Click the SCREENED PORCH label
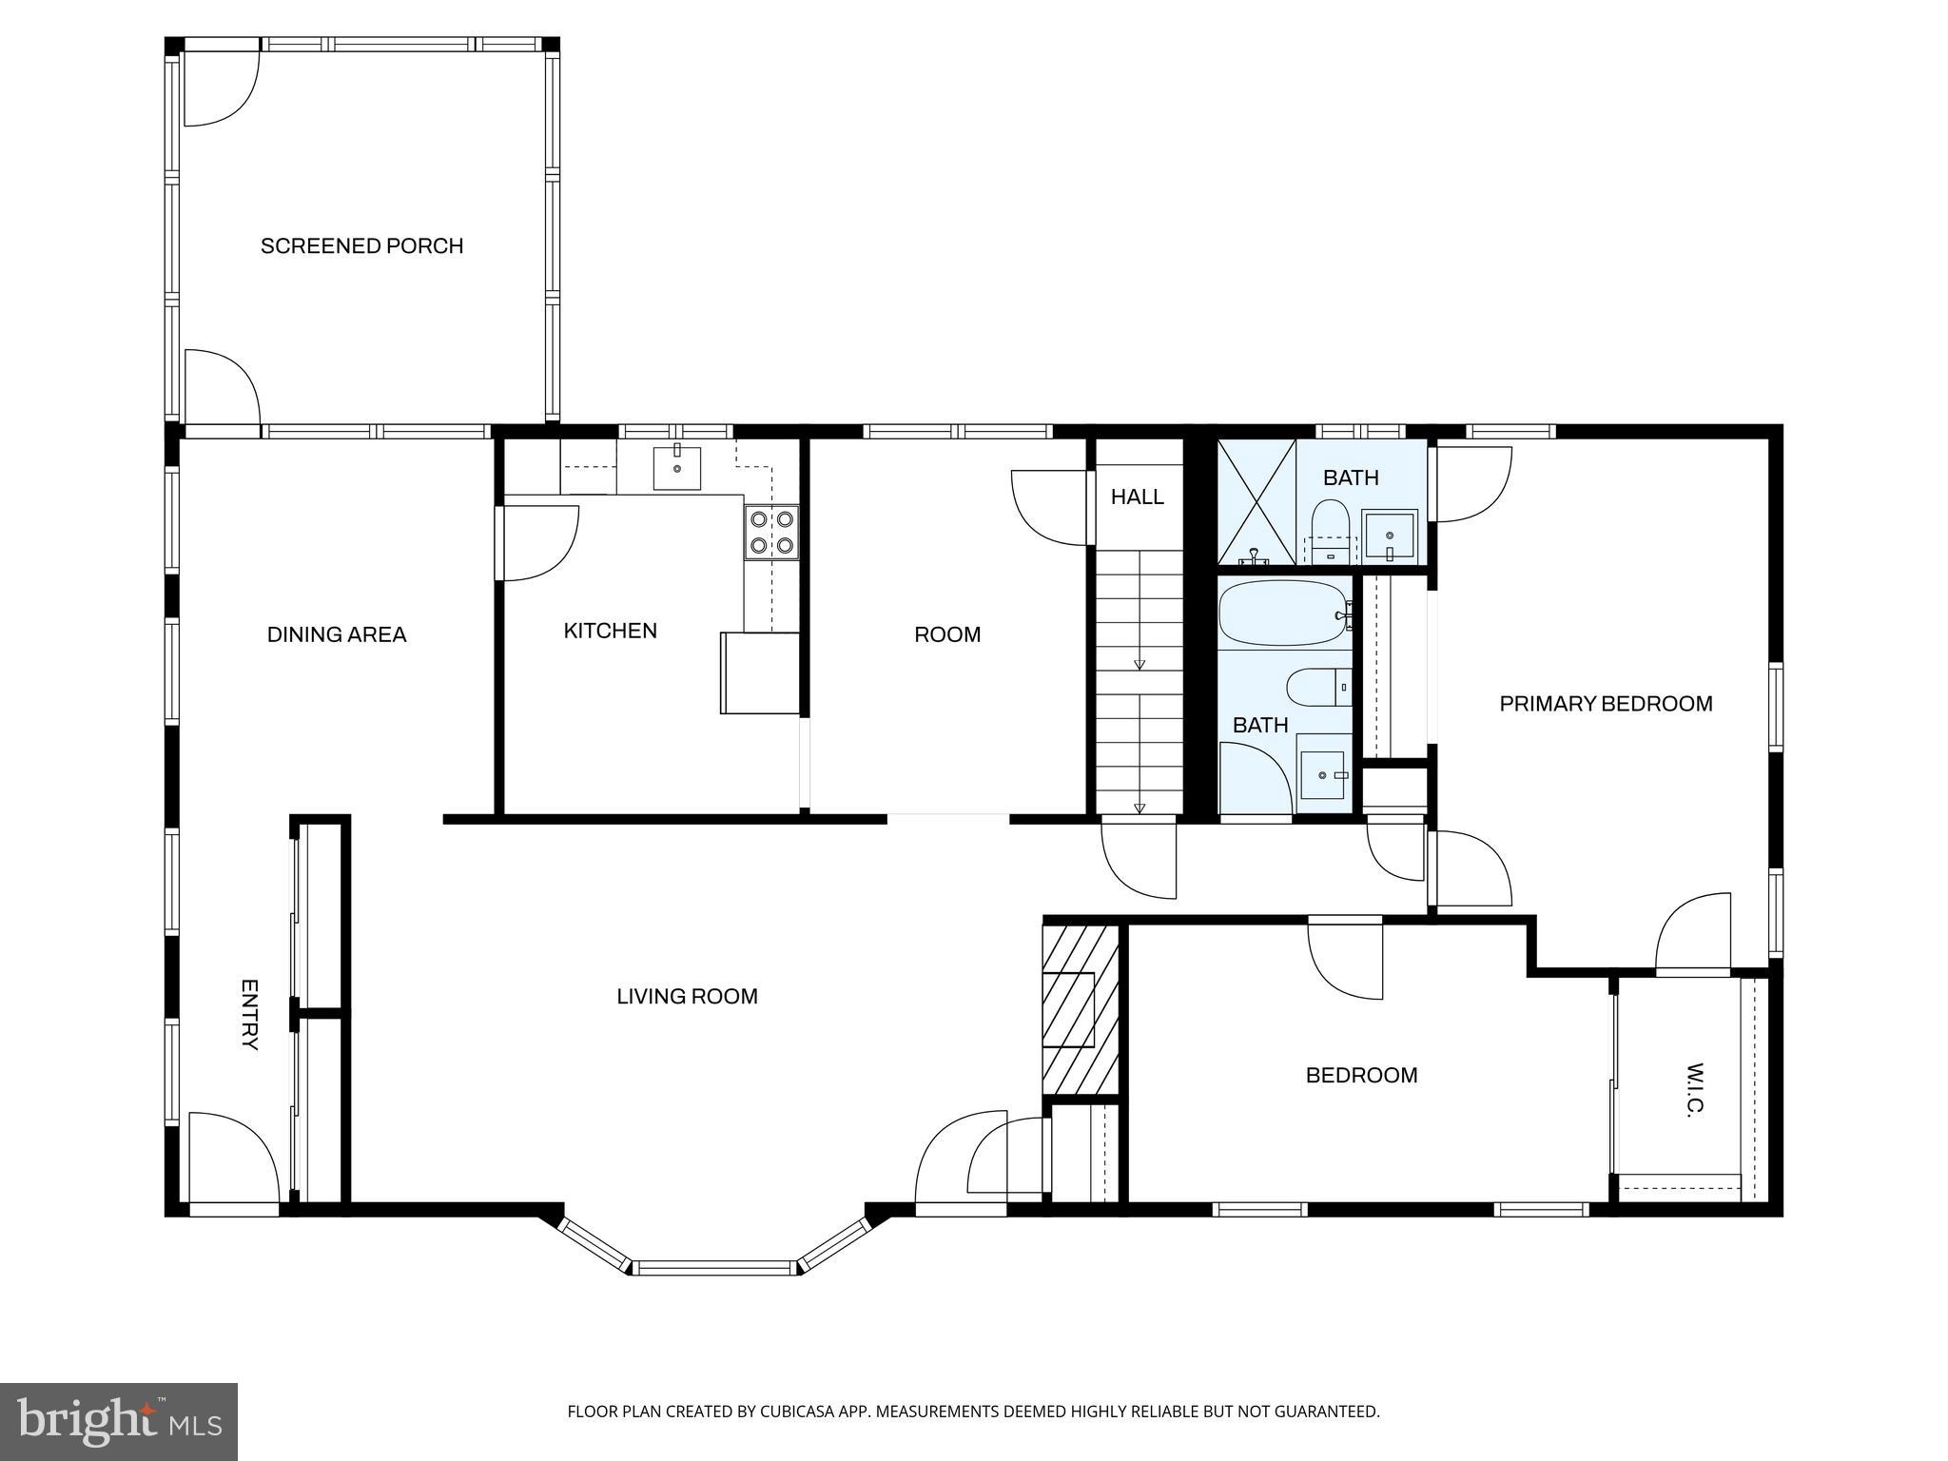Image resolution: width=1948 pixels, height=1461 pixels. click(x=361, y=246)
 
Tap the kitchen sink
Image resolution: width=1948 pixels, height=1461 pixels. click(x=676, y=467)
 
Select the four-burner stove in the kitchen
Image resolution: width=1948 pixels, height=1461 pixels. click(x=770, y=533)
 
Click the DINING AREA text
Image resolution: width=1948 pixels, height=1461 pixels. click(x=337, y=634)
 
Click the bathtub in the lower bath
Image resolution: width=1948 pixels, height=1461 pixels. click(x=1284, y=614)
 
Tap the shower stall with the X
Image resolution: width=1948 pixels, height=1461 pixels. click(x=1256, y=501)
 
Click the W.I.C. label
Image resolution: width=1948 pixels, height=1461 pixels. click(x=1695, y=1089)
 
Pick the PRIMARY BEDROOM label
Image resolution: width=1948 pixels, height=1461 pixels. click(x=1606, y=704)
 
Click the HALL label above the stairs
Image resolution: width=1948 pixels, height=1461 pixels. click(x=1137, y=497)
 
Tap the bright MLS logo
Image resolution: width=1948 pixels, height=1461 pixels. click(x=119, y=1421)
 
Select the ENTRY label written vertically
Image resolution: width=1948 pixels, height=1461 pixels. click(x=249, y=1014)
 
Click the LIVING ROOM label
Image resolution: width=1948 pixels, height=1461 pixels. click(x=687, y=997)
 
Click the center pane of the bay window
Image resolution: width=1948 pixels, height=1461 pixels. click(x=714, y=1267)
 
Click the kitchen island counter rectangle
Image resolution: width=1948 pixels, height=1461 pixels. click(x=759, y=672)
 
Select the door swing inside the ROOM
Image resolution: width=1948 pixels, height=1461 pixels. click(x=1048, y=507)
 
